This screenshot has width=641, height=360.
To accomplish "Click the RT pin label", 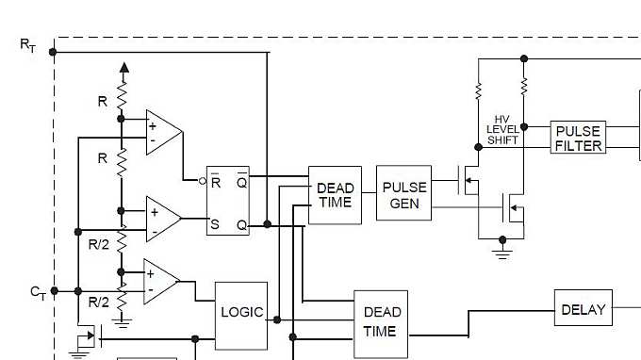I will [27, 44].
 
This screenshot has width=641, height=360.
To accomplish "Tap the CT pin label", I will [38, 292].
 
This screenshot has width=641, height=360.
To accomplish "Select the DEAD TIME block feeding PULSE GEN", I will [335, 195].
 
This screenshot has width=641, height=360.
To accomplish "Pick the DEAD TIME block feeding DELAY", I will [381, 323].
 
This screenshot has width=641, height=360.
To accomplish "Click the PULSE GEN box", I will [404, 193].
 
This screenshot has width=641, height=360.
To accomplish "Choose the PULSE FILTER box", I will [577, 138].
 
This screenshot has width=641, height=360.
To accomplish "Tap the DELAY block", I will [583, 309].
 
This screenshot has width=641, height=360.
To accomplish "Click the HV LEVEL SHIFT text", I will [502, 129].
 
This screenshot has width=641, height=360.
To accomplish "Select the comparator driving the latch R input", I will [163, 131].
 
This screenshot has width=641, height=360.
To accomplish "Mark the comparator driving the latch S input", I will [163, 219].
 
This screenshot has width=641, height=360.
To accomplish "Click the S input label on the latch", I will [215, 224].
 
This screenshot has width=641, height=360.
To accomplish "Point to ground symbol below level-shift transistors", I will [502, 253].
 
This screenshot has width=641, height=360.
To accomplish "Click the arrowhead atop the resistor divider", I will [122, 69].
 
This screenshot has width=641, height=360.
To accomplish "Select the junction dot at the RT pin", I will [54, 52].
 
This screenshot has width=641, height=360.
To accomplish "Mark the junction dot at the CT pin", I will [54, 291].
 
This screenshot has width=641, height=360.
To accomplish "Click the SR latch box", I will [228, 201].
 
